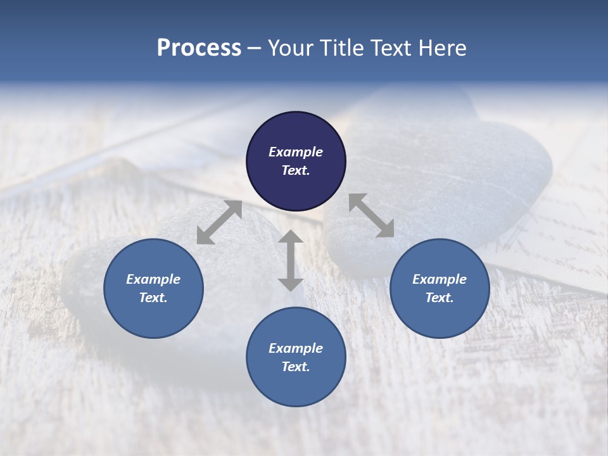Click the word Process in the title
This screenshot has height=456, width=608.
199,48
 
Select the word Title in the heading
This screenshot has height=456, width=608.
343,48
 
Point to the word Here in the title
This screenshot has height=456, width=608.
442,48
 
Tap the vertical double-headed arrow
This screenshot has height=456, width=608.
291,260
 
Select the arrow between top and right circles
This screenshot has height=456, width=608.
371,215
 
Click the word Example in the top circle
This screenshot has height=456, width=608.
296,152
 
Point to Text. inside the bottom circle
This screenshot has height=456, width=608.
296,367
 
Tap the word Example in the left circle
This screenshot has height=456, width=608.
153,279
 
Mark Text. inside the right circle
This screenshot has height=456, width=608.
440,298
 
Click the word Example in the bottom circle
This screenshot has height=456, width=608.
296,348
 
